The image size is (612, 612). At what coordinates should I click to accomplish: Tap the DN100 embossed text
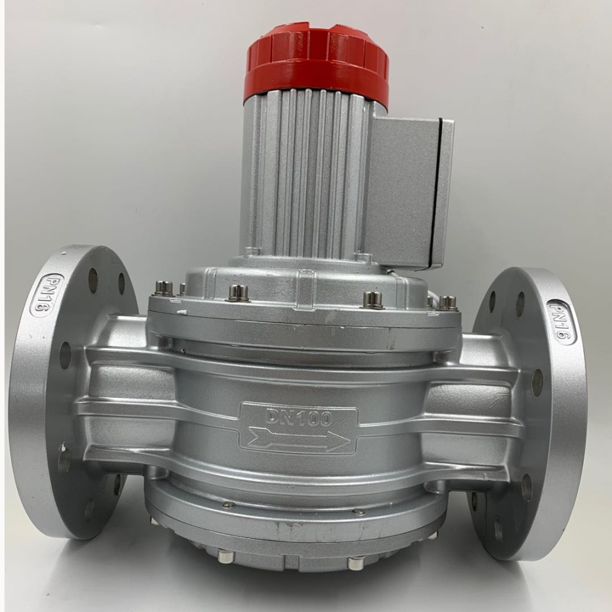[x=298, y=417]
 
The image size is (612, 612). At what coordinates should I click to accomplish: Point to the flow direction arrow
[x=299, y=438]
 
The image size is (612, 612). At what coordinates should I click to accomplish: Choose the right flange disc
[x=530, y=414]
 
